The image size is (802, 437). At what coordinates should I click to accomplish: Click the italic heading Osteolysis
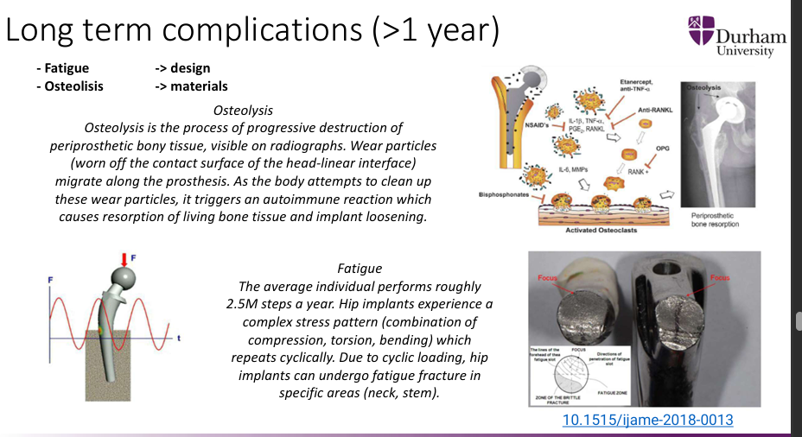tap(243, 111)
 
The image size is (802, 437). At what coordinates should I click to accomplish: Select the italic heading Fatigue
tap(359, 269)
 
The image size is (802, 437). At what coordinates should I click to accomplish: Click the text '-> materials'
tap(191, 85)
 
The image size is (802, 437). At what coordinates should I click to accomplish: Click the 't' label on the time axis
tap(179, 338)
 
